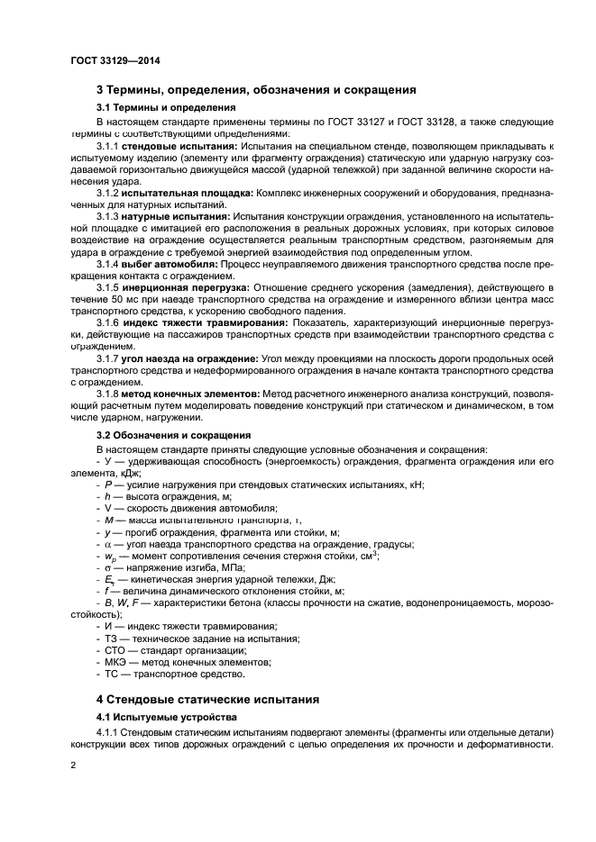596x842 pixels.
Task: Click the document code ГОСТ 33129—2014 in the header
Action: [110, 61]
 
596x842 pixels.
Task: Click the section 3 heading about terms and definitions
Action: [255, 90]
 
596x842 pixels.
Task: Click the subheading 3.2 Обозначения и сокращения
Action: [161, 435]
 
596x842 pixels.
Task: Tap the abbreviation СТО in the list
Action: [117, 650]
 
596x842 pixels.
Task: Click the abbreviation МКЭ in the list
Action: [117, 662]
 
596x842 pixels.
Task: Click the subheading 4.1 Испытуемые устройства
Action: [154, 717]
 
